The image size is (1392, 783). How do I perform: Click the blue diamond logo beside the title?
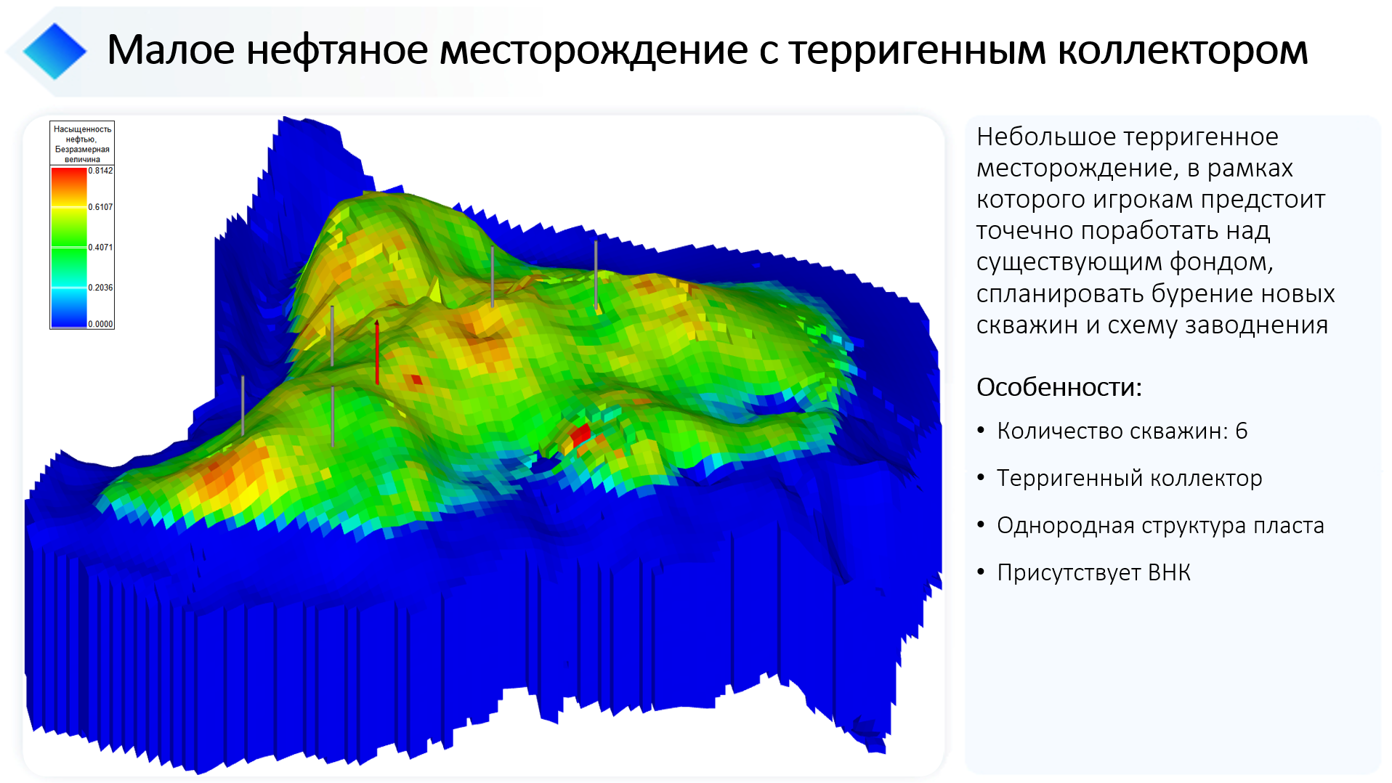tap(54, 51)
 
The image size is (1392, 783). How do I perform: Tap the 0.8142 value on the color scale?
tap(100, 171)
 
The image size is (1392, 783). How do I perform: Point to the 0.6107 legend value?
tap(100, 207)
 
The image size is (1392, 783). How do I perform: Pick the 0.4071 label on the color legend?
tap(100, 247)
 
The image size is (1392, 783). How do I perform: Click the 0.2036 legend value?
tap(100, 287)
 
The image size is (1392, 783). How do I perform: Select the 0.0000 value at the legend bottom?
tap(100, 324)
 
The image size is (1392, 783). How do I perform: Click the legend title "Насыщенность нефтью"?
tap(82, 134)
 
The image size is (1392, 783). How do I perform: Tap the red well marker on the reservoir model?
tap(376, 352)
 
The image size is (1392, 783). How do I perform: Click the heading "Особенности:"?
tap(1059, 387)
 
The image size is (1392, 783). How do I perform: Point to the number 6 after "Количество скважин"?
tap(1241, 431)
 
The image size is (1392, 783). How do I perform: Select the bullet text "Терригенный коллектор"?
tap(1129, 478)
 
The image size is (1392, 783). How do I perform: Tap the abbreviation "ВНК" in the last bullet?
tap(1169, 572)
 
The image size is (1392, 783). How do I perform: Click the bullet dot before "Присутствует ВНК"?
tap(981, 572)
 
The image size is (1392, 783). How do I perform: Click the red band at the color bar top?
tap(69, 176)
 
